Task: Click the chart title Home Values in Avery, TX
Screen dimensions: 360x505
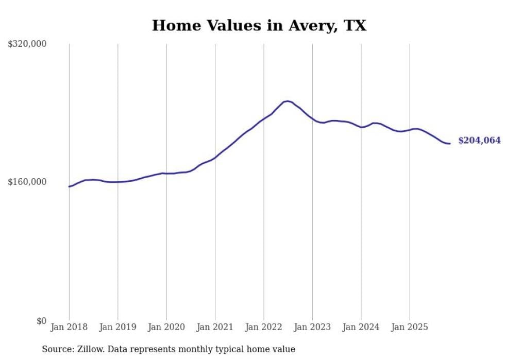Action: tap(259, 25)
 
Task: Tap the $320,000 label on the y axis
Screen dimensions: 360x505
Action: tap(27, 44)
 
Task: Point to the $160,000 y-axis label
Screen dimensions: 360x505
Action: tap(27, 182)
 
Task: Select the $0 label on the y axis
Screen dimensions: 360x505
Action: tap(41, 321)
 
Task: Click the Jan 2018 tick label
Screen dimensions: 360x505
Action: tap(69, 327)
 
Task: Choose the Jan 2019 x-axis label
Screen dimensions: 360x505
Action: tap(118, 327)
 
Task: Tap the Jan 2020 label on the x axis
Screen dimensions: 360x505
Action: tap(166, 327)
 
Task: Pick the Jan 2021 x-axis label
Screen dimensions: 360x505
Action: tap(215, 327)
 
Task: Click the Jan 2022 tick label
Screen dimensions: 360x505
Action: tap(264, 327)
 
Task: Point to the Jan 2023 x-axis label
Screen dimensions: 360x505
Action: tap(312, 327)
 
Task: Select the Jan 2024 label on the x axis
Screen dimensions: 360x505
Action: tap(361, 327)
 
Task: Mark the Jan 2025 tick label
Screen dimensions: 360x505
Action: tap(410, 327)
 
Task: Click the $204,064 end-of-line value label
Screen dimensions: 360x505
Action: tap(479, 141)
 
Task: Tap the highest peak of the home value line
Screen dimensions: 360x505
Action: tap(288, 101)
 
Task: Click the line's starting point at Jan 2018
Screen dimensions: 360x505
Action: tap(69, 186)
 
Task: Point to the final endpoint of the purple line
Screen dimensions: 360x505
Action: tap(450, 143)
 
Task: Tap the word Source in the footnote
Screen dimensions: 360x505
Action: tap(57, 349)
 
